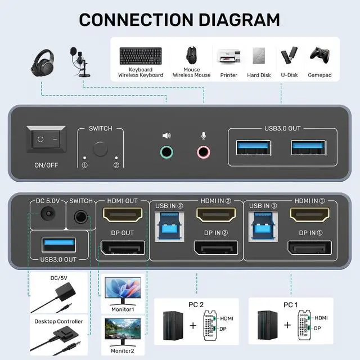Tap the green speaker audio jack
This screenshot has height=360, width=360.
(x=166, y=151)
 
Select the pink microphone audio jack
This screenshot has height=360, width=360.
(x=203, y=151)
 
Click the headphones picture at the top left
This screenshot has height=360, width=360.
(x=42, y=60)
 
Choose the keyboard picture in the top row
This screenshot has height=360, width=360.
(x=141, y=57)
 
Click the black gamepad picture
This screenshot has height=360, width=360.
(x=319, y=57)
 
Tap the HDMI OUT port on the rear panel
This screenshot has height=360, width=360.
(x=123, y=215)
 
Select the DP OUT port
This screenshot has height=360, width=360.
(x=123, y=248)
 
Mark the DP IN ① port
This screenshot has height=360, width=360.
(x=310, y=248)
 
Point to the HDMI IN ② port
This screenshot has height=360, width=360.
(x=215, y=215)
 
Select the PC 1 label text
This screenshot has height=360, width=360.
(x=291, y=304)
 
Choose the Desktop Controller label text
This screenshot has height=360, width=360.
(x=58, y=322)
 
